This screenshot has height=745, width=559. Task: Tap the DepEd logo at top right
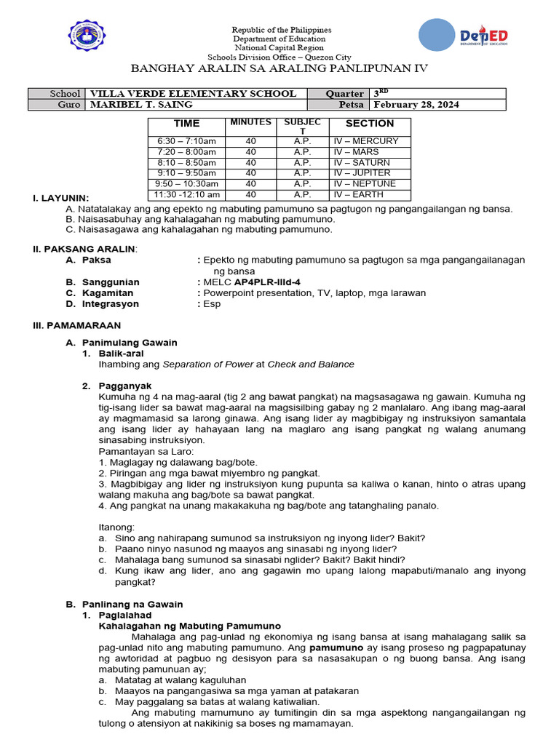(464, 37)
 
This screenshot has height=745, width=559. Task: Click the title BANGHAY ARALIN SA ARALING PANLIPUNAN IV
(279, 68)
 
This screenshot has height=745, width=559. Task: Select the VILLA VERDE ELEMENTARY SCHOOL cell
(192, 93)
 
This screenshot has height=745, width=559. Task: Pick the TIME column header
(186, 124)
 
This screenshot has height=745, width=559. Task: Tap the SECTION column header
(370, 124)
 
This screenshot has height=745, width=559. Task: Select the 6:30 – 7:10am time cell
(186, 141)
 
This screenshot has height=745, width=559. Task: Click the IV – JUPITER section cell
(362, 173)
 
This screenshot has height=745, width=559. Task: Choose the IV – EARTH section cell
(358, 195)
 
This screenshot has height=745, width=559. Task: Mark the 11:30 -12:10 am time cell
(186, 195)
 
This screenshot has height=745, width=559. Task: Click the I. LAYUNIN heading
(61, 198)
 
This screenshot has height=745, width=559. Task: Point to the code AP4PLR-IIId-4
(267, 282)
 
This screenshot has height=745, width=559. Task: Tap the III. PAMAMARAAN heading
(77, 325)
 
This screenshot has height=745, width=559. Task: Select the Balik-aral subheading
(122, 354)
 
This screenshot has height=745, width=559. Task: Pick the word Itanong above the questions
(116, 527)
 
